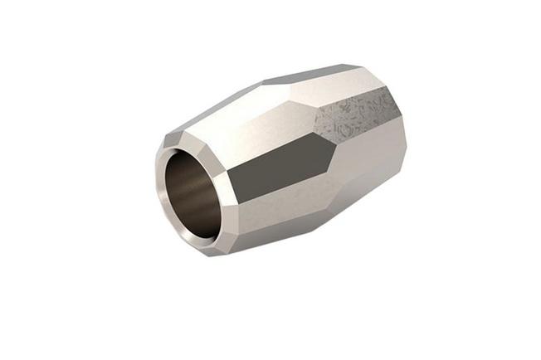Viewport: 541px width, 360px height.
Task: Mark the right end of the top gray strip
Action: click(x=363, y=66)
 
